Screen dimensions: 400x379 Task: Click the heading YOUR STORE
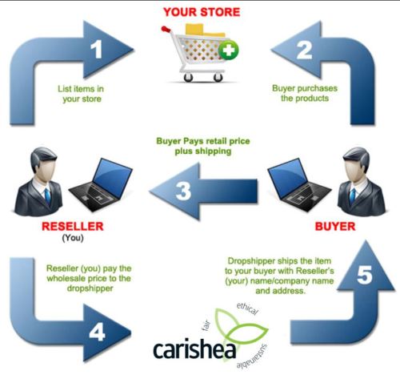[x=202, y=12]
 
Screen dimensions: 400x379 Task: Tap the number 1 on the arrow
[x=97, y=49]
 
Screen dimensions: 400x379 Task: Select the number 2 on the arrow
[x=304, y=50]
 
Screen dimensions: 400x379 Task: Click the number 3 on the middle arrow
[x=183, y=191]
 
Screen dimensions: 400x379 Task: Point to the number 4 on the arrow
[x=97, y=333]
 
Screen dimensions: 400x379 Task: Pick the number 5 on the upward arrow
[x=364, y=275]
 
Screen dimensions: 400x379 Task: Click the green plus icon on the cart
[x=228, y=50]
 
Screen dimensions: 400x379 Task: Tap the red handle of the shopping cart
[x=166, y=29]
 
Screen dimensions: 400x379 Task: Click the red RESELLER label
[x=73, y=227]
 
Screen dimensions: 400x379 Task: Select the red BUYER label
[x=335, y=227]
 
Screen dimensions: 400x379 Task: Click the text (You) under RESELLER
[x=73, y=238]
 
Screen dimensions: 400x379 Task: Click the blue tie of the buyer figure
[x=353, y=196]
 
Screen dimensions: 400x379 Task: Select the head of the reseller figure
[x=43, y=163]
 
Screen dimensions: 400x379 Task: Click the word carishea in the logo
[x=194, y=350]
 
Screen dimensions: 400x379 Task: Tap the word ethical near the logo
[x=248, y=308]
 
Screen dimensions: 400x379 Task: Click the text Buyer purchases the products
[x=305, y=93]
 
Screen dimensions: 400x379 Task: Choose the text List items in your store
[x=81, y=94]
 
